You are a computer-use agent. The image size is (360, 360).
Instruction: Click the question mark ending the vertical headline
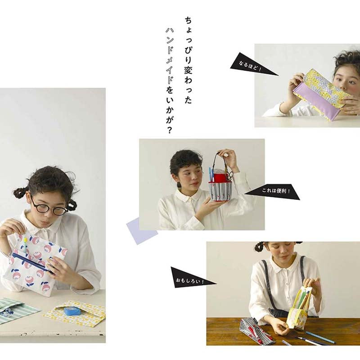coord(169,130)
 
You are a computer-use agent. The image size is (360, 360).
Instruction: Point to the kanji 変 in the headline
coord(188,69)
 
